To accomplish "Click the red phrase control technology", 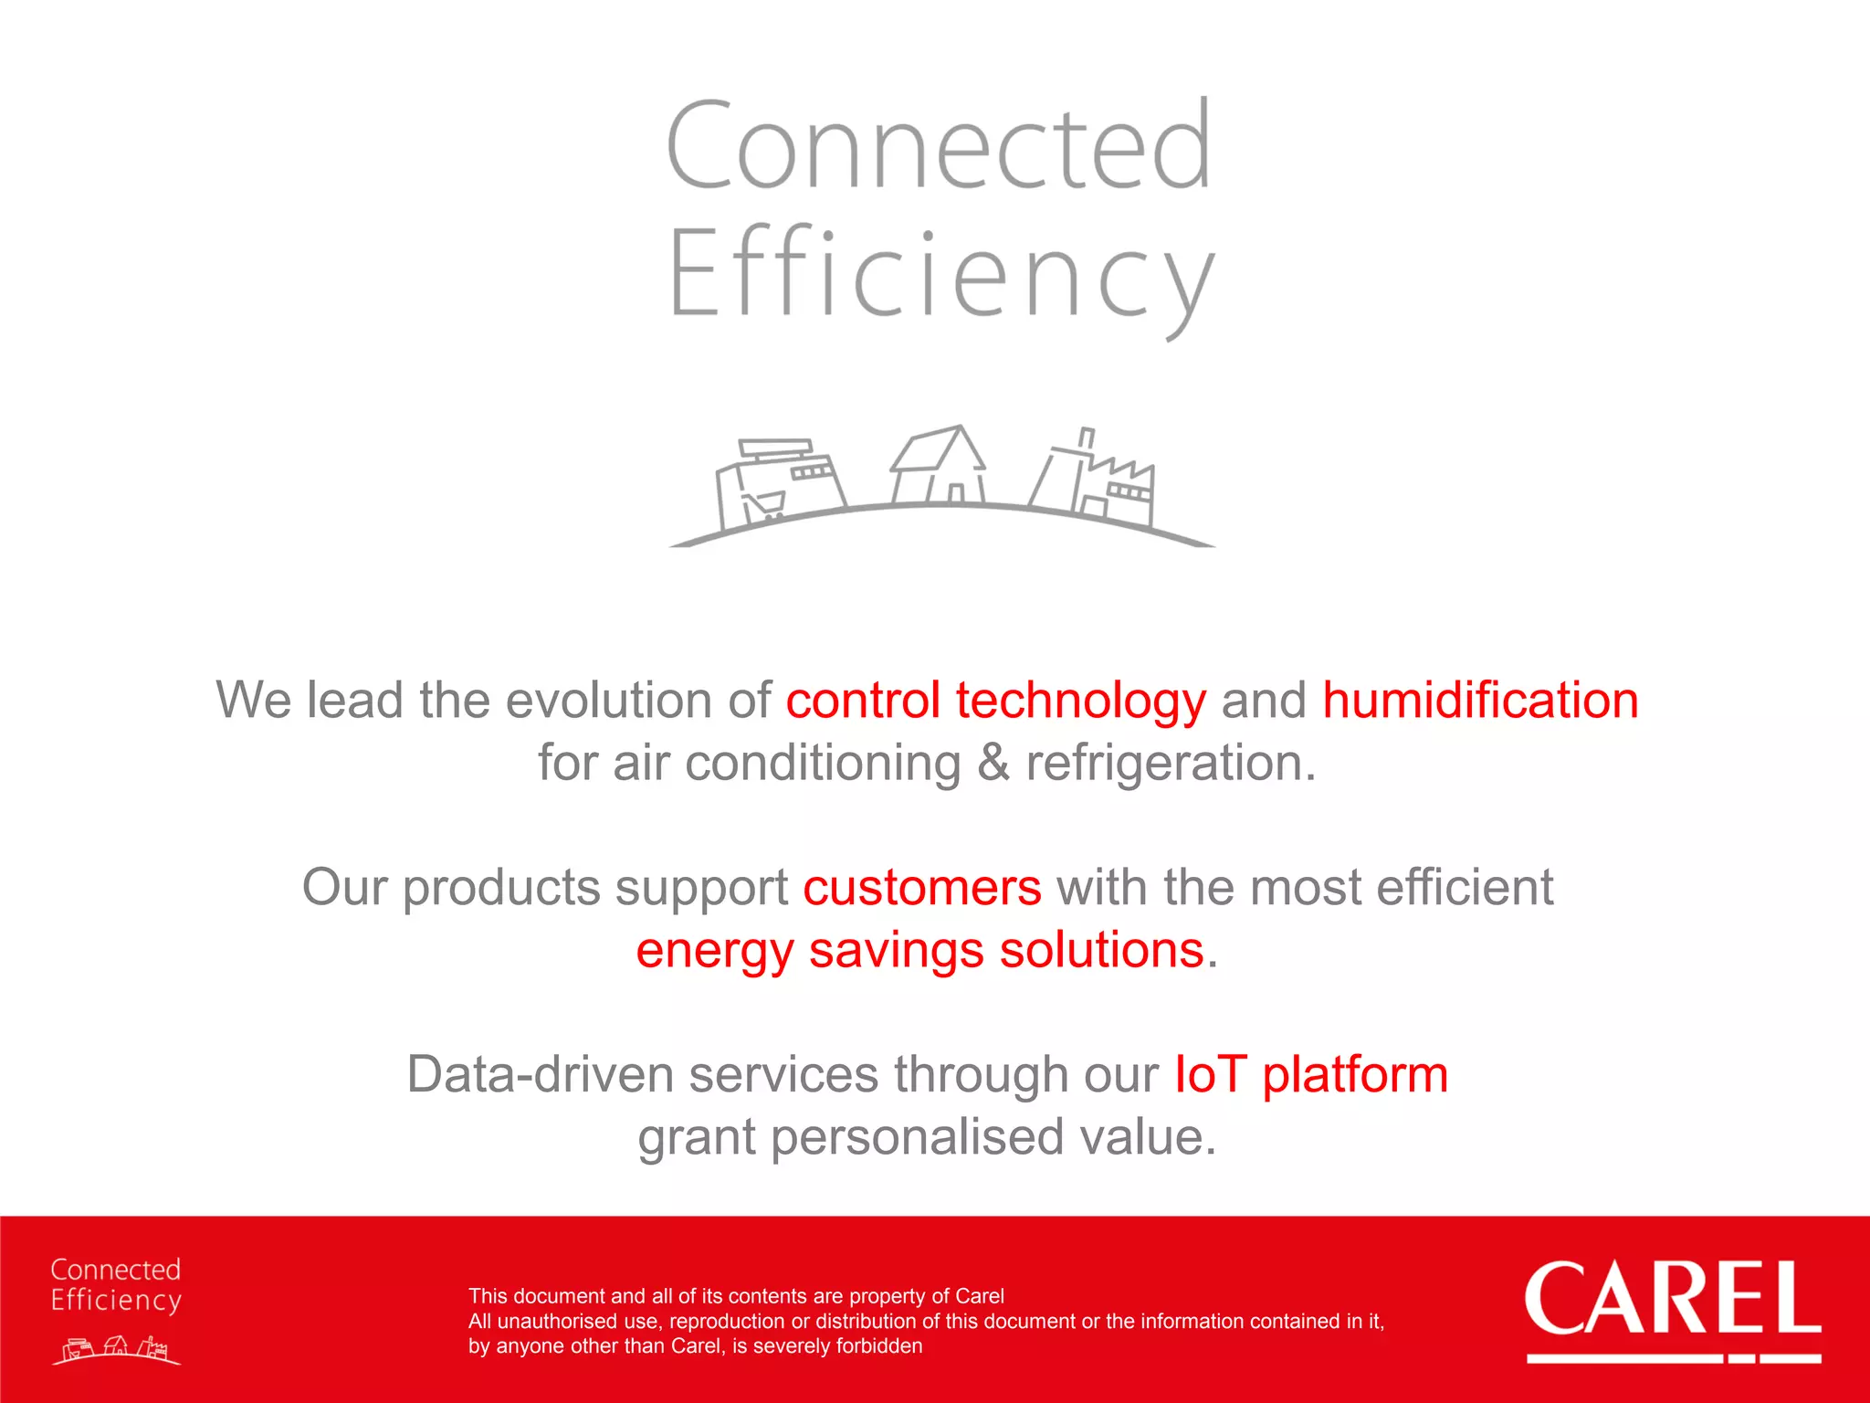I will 995,701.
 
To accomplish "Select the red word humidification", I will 1480,701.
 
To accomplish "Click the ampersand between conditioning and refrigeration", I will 993,764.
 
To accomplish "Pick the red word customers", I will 921,888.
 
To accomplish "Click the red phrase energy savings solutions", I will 919,951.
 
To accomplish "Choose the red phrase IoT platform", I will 1310,1075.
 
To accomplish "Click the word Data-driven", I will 540,1075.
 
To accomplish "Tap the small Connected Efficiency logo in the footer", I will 116,1285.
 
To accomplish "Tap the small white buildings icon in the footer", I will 117,1349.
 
